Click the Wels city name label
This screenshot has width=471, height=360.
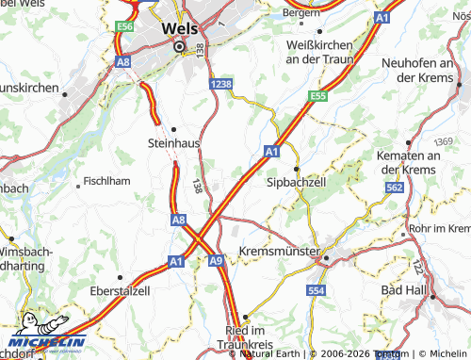[x=179, y=28]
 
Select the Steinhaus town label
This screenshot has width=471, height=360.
[x=175, y=143]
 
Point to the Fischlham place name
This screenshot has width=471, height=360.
[x=107, y=181]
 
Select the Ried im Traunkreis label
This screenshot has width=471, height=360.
[x=245, y=340]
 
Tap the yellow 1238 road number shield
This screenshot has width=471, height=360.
[x=221, y=84]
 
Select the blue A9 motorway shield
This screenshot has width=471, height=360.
[x=216, y=260]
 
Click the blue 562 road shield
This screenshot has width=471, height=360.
[x=395, y=188]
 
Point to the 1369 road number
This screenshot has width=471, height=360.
[x=445, y=140]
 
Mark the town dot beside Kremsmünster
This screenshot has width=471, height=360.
[x=322, y=255]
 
